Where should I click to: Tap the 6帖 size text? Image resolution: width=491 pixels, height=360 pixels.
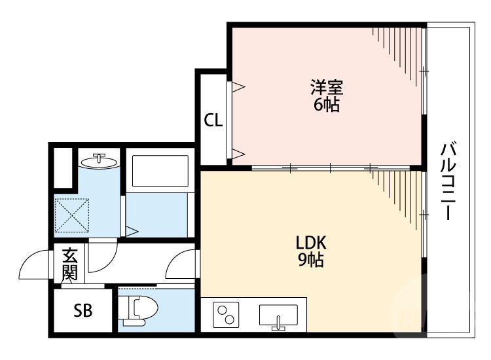[x=326, y=105]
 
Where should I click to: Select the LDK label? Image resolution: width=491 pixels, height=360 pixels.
[x=310, y=242]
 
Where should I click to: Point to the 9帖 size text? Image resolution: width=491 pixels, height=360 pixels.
[x=310, y=261]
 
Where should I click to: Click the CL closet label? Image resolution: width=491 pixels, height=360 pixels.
[x=213, y=120]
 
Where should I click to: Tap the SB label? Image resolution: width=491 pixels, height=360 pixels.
[x=82, y=310]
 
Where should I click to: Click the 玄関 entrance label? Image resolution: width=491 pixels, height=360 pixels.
[x=69, y=264]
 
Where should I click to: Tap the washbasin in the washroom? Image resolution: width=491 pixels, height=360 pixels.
[x=99, y=160]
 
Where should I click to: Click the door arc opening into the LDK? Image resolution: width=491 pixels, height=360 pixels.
[x=181, y=266]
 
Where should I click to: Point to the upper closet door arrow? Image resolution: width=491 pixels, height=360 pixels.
[x=238, y=86]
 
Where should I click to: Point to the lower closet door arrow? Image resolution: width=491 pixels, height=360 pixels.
[x=238, y=154]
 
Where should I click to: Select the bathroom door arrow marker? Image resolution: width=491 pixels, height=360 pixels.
[x=132, y=230]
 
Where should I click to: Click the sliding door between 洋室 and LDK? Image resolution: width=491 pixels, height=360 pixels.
[x=331, y=168]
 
